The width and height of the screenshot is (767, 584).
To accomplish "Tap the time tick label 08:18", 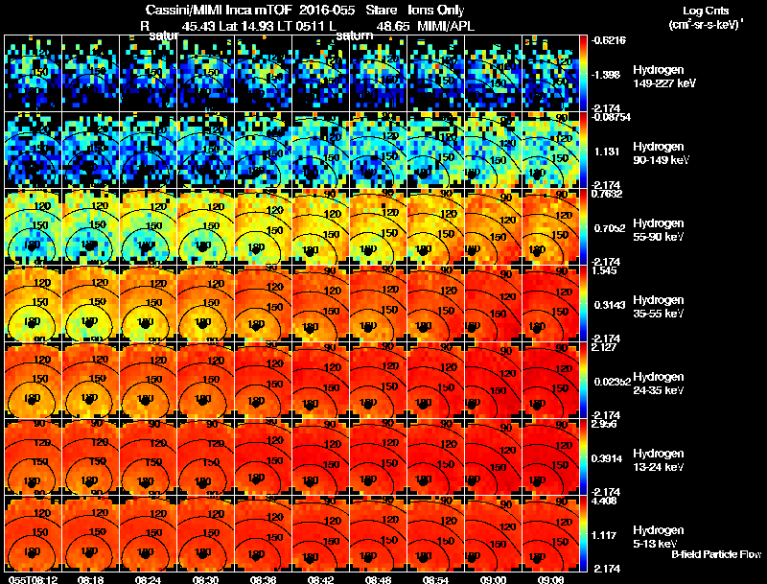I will [x=91, y=578].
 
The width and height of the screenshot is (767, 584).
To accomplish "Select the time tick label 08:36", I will [x=264, y=578].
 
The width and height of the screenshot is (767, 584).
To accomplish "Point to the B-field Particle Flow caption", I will [x=715, y=554].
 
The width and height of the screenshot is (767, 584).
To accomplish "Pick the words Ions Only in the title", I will [x=436, y=10].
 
